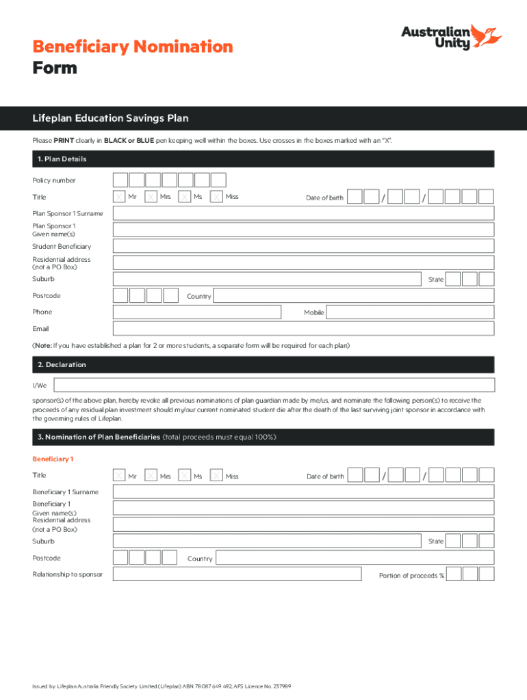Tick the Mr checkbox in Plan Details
click(120, 197)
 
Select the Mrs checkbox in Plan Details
click(152, 197)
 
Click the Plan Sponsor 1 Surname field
click(303, 213)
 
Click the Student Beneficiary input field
click(303, 246)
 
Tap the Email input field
click(303, 329)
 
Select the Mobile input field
click(409, 312)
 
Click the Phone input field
click(197, 312)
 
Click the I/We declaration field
click(274, 386)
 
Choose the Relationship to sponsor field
click(237, 574)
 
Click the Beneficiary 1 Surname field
click(303, 492)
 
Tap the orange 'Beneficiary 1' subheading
click(53, 459)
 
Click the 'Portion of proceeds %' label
click(411, 576)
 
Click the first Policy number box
click(120, 180)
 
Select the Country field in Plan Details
click(353, 296)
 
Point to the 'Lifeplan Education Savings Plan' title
click(110, 118)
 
